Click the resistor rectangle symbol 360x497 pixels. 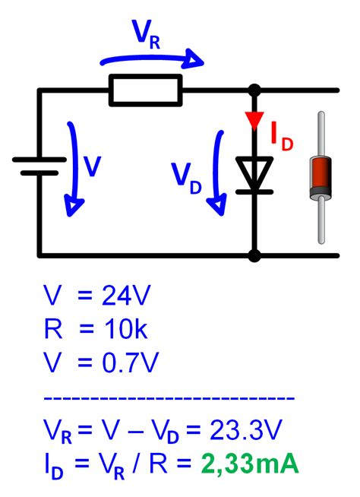coord(146,90)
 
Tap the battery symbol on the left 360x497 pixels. coord(39,166)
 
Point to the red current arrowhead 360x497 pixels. coord(254,120)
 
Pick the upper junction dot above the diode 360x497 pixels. coord(254,90)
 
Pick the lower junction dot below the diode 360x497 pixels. coord(254,255)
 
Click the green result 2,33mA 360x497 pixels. coord(250,463)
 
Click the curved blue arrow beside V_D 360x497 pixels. coord(219,171)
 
